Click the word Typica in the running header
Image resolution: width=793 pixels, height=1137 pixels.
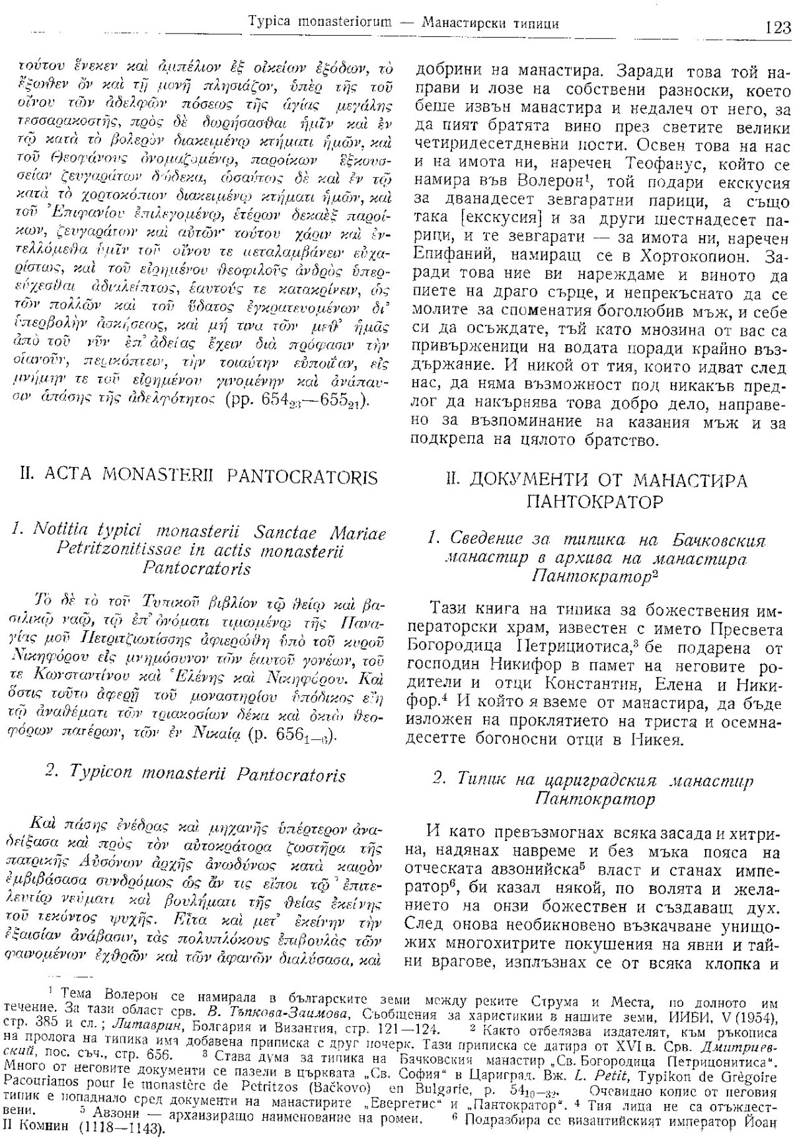click(269, 24)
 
